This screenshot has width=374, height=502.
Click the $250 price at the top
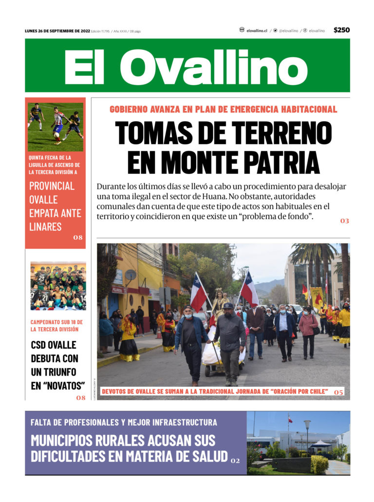[x=341, y=30]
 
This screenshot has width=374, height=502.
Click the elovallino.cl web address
[x=257, y=31]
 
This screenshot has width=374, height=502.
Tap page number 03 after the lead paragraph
[x=344, y=221]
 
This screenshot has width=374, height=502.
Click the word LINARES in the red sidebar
[x=45, y=226]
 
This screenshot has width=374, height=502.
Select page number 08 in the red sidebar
[x=78, y=238]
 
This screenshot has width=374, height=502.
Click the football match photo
[x=55, y=127]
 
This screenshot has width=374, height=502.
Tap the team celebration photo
[x=58, y=287]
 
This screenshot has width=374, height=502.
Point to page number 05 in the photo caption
[x=338, y=392]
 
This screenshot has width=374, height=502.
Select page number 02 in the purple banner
[x=235, y=460]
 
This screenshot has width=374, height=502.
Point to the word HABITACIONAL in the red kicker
[x=303, y=109]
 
